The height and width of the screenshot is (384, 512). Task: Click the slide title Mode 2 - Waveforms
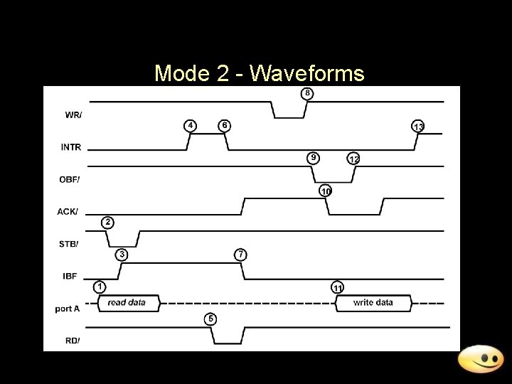pyautogui.click(x=259, y=73)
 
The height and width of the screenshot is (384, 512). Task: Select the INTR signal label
pyautogui.click(x=71, y=148)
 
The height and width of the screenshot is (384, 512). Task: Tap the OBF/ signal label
pyautogui.click(x=70, y=179)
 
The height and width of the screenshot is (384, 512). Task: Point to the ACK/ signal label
pyautogui.click(x=70, y=211)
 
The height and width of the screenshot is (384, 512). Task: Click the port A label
pyautogui.click(x=68, y=308)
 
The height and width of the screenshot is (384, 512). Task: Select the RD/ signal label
pyautogui.click(x=72, y=340)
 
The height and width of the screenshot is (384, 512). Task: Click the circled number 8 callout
pyautogui.click(x=307, y=93)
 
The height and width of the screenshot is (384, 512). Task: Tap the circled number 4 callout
pyautogui.click(x=191, y=125)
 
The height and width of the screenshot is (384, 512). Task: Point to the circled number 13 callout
pyautogui.click(x=418, y=127)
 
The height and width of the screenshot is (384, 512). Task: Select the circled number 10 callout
pyautogui.click(x=325, y=191)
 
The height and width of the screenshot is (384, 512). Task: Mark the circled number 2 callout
pyautogui.click(x=107, y=222)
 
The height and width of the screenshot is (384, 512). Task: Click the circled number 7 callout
pyautogui.click(x=242, y=254)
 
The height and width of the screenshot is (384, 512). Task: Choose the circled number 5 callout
pyautogui.click(x=210, y=318)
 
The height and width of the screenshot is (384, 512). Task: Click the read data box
pyautogui.click(x=127, y=303)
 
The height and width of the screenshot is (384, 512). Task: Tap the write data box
pyautogui.click(x=373, y=303)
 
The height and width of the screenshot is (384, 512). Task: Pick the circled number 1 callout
pyautogui.click(x=100, y=287)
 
